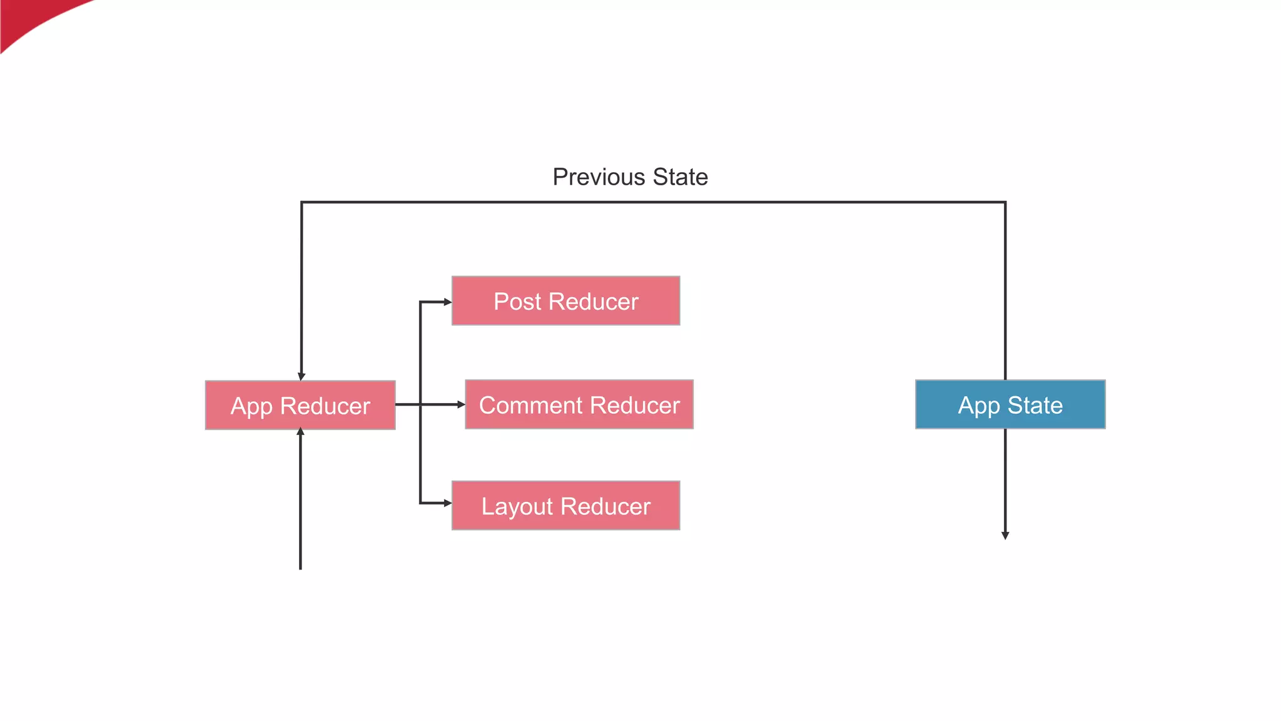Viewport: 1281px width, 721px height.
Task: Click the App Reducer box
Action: pos(300,405)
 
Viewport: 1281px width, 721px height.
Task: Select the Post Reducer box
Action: pos(565,301)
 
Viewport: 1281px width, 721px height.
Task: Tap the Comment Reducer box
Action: pos(579,404)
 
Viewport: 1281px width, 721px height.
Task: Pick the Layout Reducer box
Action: pos(565,506)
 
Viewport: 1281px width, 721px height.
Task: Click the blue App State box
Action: pos(1010,404)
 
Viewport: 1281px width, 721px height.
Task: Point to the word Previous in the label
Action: pos(599,177)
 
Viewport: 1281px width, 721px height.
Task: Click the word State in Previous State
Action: pos(680,177)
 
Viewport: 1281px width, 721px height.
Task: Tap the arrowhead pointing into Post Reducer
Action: pos(448,302)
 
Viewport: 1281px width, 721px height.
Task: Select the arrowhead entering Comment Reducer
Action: pos(461,405)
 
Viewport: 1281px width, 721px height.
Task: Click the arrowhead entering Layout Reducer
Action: pos(448,503)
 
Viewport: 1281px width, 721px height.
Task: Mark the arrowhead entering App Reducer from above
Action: pos(301,377)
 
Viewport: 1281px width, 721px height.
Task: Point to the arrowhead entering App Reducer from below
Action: pos(300,432)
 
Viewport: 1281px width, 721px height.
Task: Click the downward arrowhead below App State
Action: pos(1005,536)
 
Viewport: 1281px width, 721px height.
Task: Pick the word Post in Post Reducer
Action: pos(517,302)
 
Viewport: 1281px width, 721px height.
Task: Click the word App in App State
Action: pos(979,406)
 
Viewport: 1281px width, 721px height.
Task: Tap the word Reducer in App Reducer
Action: pos(325,406)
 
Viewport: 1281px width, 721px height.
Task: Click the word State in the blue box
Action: pos(1035,406)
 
